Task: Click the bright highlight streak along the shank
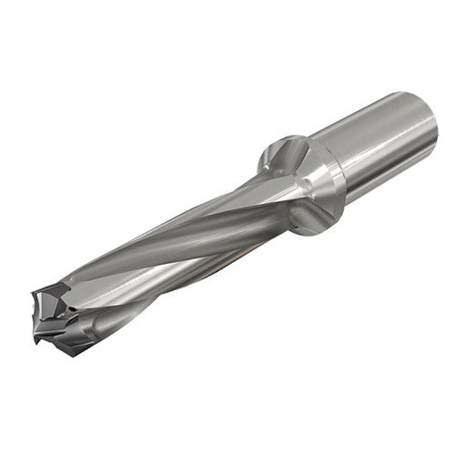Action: point(382,127)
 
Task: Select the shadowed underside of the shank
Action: point(391,177)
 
